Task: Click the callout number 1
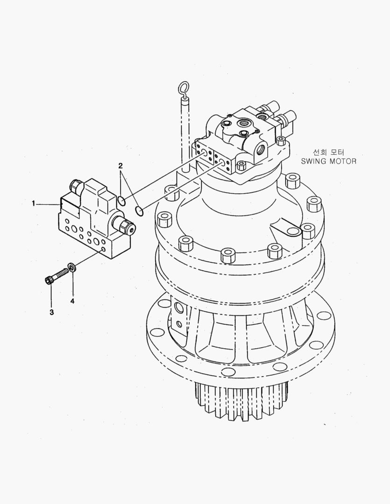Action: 33,203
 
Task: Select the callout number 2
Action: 121,166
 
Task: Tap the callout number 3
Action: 51,312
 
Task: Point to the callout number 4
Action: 72,301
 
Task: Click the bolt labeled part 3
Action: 57,277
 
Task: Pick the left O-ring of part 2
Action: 121,201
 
